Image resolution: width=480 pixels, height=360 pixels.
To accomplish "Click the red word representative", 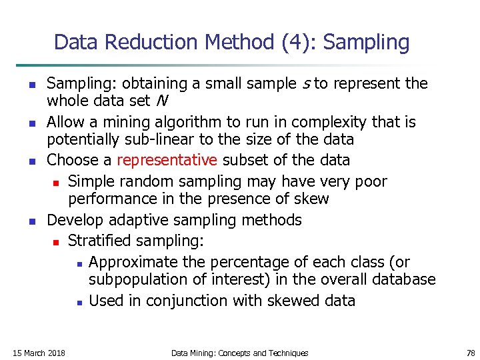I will (167, 161).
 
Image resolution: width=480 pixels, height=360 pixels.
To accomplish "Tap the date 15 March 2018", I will (39, 353).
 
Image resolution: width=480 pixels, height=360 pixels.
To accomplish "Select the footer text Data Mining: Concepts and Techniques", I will (239, 353).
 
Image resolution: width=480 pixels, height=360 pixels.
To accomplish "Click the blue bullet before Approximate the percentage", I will (79, 262).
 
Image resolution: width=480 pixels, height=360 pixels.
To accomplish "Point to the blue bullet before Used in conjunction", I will (79, 302).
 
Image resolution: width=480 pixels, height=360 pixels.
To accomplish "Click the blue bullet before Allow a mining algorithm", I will (32, 123).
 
